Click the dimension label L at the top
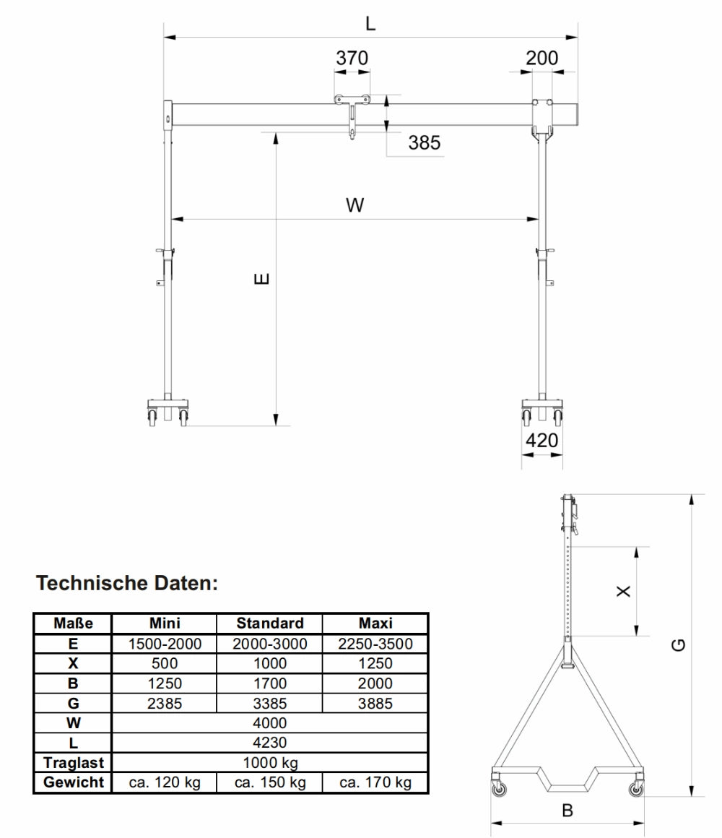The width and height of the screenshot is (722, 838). (370, 23)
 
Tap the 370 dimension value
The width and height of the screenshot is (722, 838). (352, 59)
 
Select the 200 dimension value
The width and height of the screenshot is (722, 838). (541, 59)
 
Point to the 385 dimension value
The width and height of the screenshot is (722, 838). (424, 143)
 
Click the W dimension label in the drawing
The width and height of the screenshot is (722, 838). (355, 206)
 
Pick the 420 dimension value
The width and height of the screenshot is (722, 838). (541, 440)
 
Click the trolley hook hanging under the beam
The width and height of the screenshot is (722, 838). (352, 131)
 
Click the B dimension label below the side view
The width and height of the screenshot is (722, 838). (567, 811)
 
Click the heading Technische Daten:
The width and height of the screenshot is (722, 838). (127, 583)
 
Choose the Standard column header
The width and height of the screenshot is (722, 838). (270, 623)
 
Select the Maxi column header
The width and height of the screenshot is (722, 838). (375, 623)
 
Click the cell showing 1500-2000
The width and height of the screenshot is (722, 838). (165, 644)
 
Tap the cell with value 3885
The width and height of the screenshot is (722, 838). (375, 703)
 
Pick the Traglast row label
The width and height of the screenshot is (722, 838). (73, 762)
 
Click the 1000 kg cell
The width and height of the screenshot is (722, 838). (270, 762)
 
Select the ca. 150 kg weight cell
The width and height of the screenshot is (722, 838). (270, 782)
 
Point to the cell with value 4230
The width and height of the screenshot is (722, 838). (270, 743)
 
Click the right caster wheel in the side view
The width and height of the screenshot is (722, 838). (635, 790)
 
